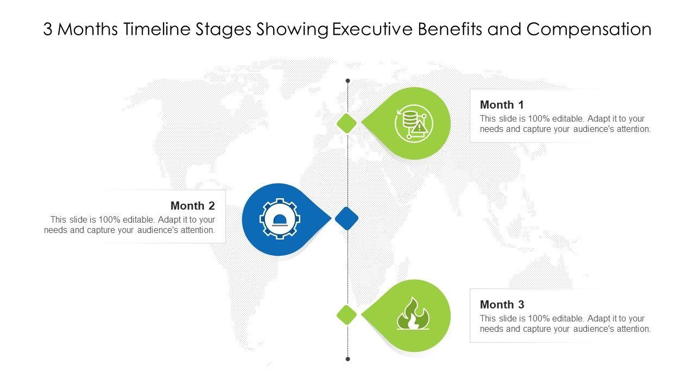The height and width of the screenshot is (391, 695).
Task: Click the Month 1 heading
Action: [502, 105]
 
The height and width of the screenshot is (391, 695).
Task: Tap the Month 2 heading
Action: [193, 206]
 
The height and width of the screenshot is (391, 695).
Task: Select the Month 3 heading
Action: [502, 305]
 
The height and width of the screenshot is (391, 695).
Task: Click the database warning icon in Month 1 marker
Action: [414, 123]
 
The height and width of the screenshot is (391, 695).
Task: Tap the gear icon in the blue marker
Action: [280, 219]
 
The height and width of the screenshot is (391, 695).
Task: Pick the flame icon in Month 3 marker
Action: [413, 315]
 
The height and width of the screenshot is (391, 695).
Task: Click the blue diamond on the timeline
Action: [346, 218]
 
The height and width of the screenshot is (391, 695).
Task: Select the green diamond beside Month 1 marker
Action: [346, 123]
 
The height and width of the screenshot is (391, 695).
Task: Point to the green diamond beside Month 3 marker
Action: [346, 315]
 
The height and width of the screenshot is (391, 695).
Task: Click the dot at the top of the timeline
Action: [347, 81]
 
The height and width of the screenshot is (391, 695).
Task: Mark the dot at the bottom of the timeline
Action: [347, 359]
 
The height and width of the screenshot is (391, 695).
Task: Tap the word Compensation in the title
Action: [589, 29]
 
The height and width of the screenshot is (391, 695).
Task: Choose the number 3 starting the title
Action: [48, 29]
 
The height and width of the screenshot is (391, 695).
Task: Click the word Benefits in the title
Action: [450, 29]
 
